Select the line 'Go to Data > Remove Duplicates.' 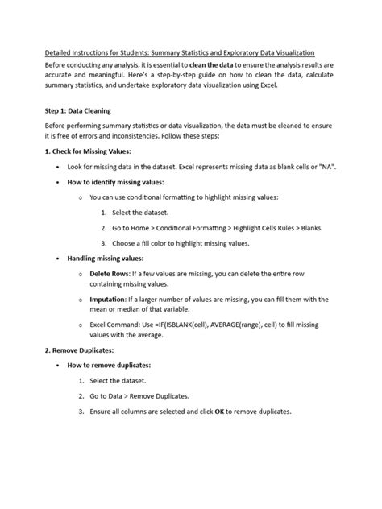click(139, 395)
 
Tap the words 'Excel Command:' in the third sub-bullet click(118, 324)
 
